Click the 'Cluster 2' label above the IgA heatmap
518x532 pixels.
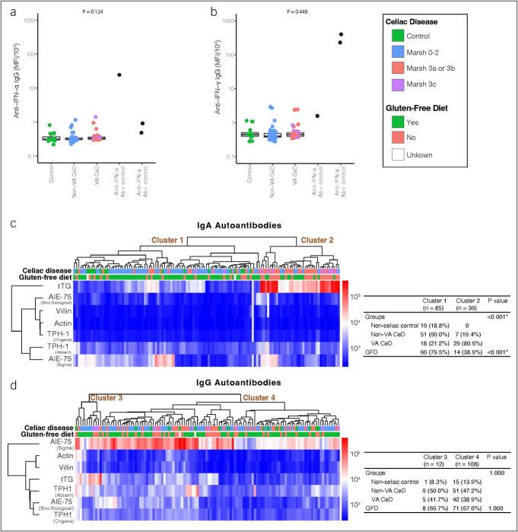coord(319,240)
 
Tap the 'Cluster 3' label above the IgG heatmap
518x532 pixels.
coord(108,397)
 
